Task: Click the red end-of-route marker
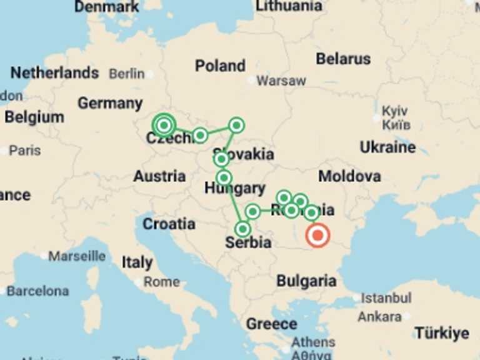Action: tap(318, 236)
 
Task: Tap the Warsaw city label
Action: tap(281, 81)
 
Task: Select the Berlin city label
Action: tap(127, 74)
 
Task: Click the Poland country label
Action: tap(220, 66)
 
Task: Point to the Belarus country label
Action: tap(343, 59)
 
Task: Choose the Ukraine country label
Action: tap(387, 147)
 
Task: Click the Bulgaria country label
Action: tap(306, 281)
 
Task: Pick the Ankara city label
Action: tap(379, 316)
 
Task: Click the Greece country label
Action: tap(271, 324)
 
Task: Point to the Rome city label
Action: tap(161, 282)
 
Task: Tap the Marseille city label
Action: tap(77, 256)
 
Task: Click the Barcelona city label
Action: tap(37, 291)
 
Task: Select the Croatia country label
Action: tap(169, 224)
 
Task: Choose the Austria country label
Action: tap(159, 177)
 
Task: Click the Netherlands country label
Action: tap(54, 73)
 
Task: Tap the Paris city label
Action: tap(24, 151)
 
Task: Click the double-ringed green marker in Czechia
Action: tap(164, 125)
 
